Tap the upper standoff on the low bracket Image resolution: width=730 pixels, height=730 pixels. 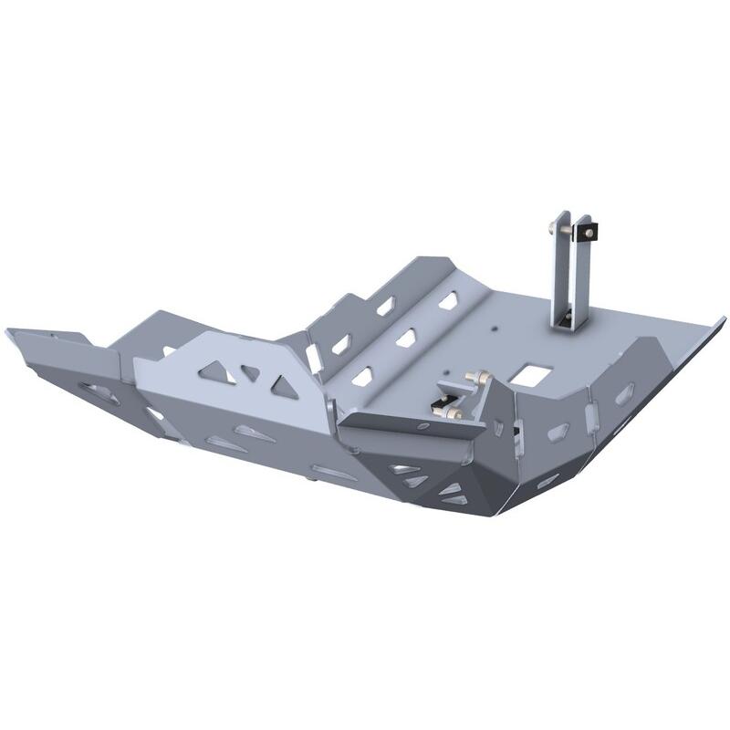pyautogui.click(x=472, y=376)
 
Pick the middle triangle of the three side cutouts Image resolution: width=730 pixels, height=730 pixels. pyautogui.click(x=249, y=373)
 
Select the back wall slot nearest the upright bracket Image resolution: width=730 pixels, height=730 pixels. pyautogui.click(x=448, y=300)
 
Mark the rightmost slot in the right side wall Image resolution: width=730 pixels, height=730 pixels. pyautogui.click(x=624, y=394)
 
